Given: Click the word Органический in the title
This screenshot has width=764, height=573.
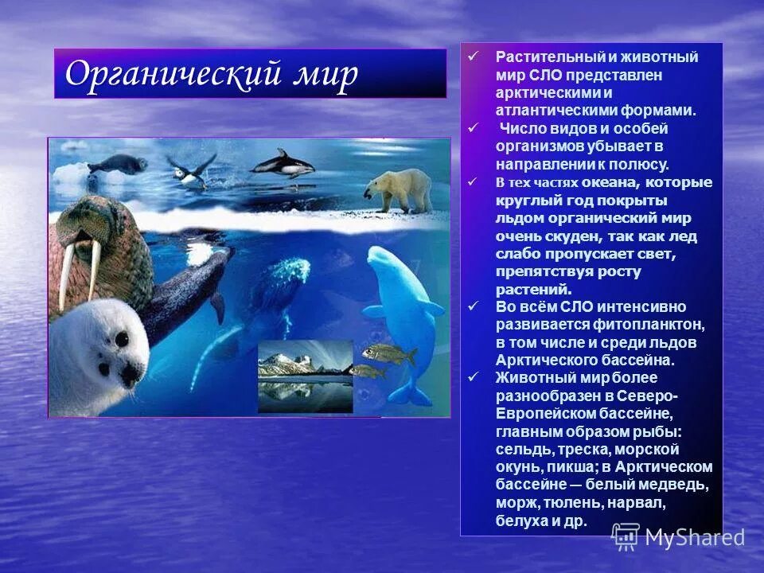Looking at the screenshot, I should point(171,74).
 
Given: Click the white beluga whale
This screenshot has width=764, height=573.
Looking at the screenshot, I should point(403,310).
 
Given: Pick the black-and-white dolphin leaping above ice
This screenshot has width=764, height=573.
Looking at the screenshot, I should point(282,164).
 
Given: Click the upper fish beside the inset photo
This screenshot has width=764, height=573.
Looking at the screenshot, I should point(389,353).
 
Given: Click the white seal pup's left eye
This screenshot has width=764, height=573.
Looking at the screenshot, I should point(121,339).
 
